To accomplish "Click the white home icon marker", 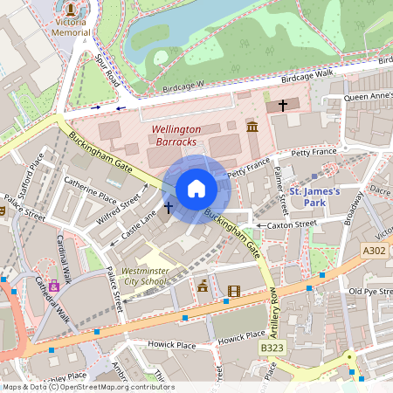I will click(196, 189).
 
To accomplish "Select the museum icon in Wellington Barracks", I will click(252, 128).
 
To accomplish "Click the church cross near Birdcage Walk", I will click(282, 105).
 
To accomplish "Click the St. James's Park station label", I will click(313, 196).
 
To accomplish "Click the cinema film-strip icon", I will click(233, 291).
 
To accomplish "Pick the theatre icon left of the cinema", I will click(203, 285).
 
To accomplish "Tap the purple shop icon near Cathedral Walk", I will click(54, 284).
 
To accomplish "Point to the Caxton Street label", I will click(292, 224).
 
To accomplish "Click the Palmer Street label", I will click(281, 194).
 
